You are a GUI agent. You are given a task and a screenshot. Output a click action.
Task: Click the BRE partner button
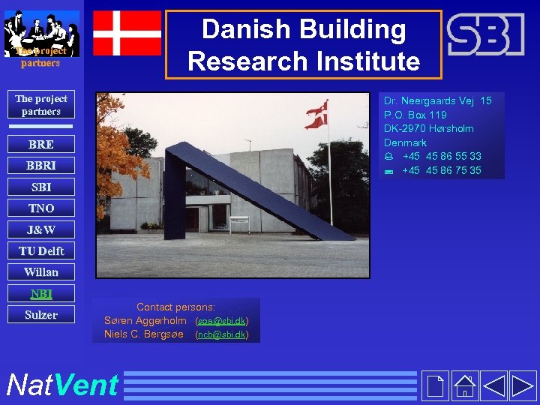click(x=40, y=144)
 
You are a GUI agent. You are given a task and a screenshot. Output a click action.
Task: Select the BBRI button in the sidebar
click(x=40, y=165)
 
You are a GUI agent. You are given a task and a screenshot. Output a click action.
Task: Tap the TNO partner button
click(x=40, y=208)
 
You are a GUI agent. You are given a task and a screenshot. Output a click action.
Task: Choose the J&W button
click(x=40, y=229)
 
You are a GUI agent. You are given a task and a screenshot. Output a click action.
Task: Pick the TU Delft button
click(x=40, y=250)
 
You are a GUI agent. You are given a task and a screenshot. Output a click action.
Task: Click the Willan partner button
click(x=40, y=271)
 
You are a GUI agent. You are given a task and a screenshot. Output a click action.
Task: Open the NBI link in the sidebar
click(x=40, y=293)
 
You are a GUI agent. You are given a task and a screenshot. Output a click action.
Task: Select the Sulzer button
click(x=40, y=315)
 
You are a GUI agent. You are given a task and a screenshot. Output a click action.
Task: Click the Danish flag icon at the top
click(x=127, y=33)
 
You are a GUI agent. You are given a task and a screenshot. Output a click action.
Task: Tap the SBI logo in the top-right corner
click(x=485, y=34)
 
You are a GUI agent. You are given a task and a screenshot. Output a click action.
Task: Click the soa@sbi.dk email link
click(x=222, y=321)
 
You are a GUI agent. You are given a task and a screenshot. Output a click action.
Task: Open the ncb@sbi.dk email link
click(x=222, y=334)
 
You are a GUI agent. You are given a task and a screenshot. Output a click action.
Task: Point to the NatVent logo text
click(x=61, y=385)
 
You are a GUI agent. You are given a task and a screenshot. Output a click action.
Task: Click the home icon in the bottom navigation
click(x=465, y=385)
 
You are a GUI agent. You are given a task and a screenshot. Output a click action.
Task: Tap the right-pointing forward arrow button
click(x=523, y=385)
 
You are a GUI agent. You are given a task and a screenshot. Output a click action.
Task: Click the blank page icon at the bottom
click(x=434, y=385)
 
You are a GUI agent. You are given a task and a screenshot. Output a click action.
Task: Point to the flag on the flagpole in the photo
click(x=317, y=114)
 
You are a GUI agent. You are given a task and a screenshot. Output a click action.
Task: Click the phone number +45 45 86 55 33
click(x=442, y=157)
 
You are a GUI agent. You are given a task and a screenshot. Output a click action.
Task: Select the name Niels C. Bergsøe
click(x=144, y=334)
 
